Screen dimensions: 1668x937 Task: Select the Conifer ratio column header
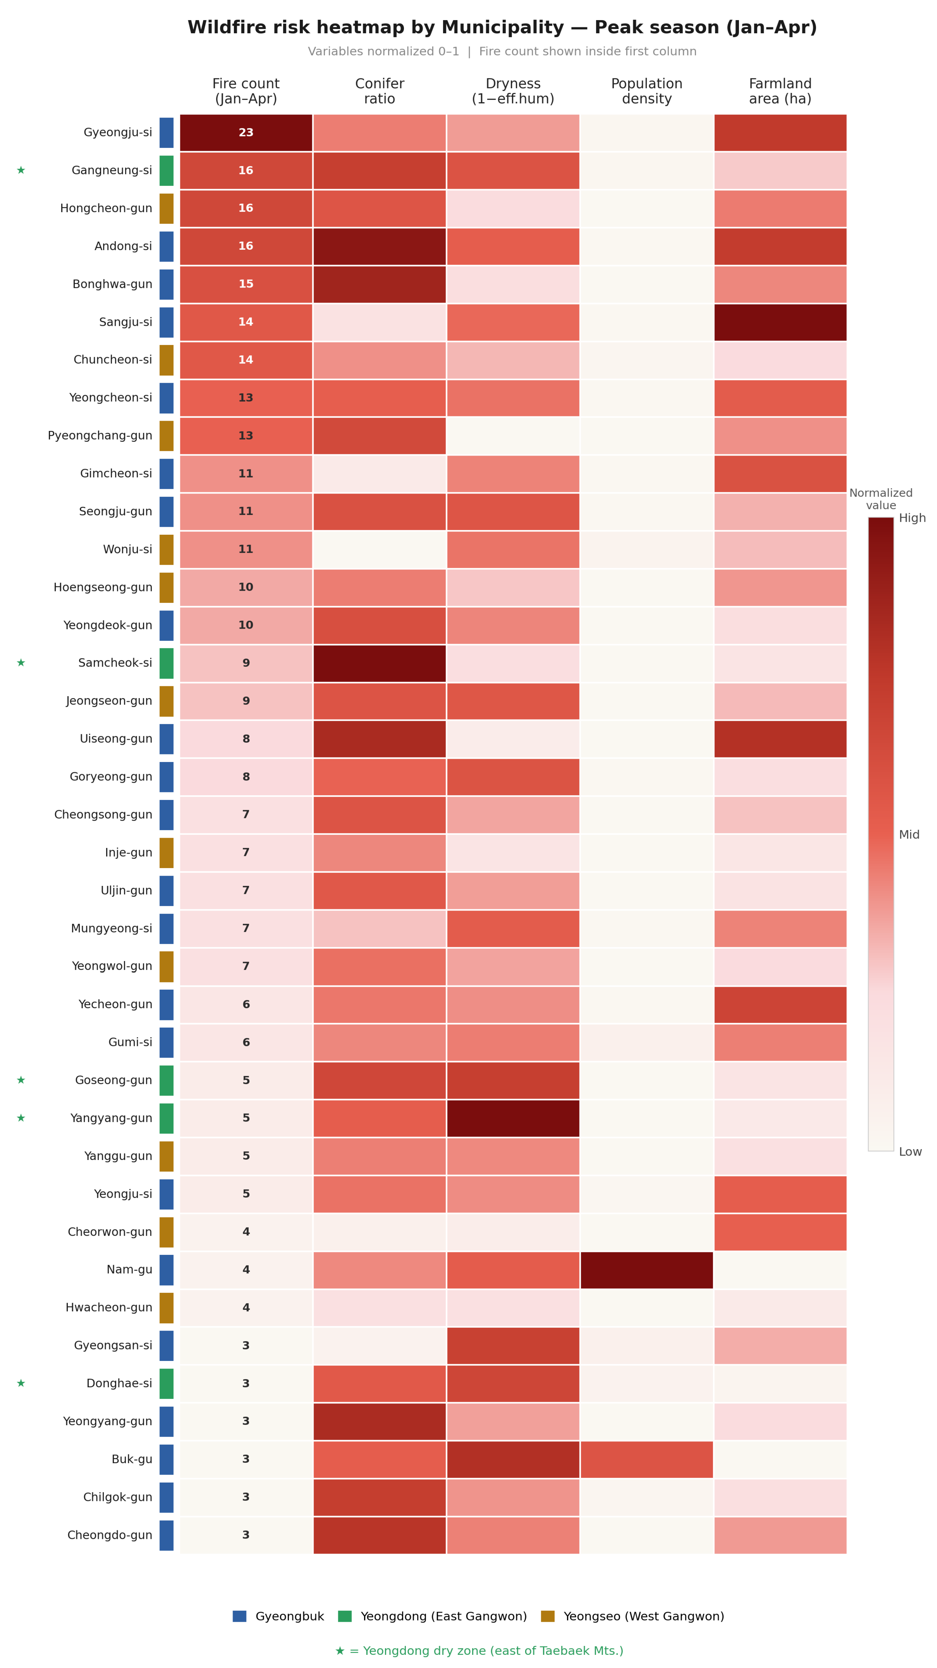tap(380, 91)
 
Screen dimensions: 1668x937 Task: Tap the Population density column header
tap(646, 91)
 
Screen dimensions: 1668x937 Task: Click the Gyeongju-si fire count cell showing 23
tap(246, 133)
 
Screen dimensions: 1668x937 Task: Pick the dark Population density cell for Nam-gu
tap(646, 1270)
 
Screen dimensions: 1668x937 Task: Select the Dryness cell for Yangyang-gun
tap(513, 1118)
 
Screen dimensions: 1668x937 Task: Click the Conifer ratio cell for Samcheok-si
tap(380, 663)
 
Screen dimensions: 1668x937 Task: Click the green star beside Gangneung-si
tap(21, 170)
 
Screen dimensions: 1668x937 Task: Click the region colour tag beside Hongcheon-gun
tap(166, 209)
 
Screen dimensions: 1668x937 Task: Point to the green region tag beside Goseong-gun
tap(166, 1080)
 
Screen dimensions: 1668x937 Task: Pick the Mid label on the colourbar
tap(909, 834)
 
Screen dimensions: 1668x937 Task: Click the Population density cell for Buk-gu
tap(646, 1459)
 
